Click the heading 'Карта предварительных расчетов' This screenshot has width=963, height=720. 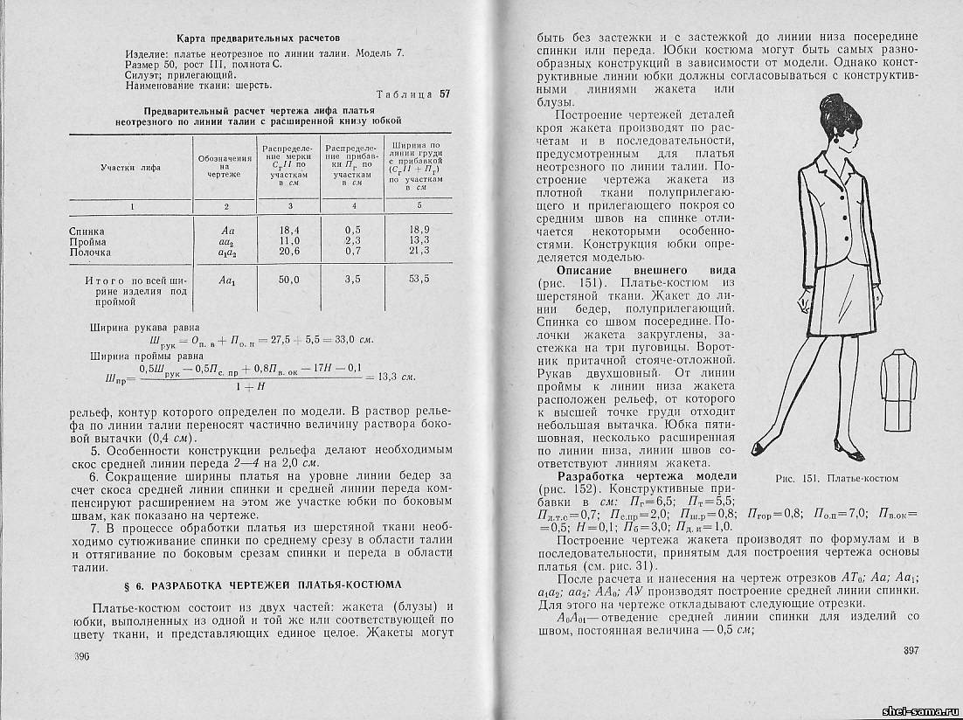pos(259,38)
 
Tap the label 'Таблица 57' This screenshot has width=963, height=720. pos(412,94)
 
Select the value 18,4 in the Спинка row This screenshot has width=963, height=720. pos(289,230)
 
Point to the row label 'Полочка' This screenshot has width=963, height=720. pos(90,252)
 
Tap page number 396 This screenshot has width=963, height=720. pos(82,656)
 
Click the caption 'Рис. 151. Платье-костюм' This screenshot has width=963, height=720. pos(836,478)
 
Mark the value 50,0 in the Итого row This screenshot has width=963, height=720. pos(289,280)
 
